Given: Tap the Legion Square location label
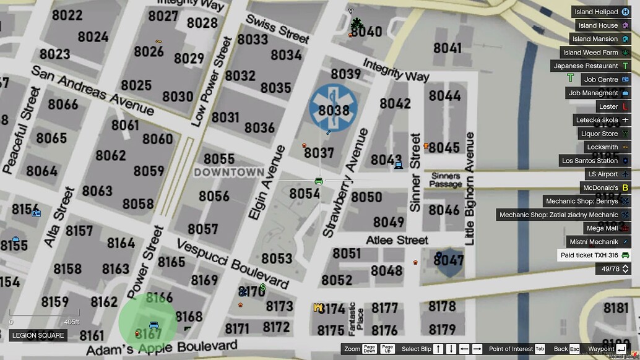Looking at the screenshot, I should click(x=38, y=336).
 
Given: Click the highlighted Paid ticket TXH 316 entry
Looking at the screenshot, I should click(x=594, y=255).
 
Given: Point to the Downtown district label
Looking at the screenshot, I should click(x=229, y=172).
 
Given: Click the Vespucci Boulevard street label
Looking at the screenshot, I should click(x=233, y=264).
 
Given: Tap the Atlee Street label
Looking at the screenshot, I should click(x=397, y=240).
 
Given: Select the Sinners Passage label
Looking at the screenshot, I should click(x=446, y=180).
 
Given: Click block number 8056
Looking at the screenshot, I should click(x=214, y=196).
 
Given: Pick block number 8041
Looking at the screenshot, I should click(x=447, y=48).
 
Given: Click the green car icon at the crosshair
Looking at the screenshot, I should click(x=319, y=181).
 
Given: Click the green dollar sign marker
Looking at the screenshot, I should click(x=263, y=287).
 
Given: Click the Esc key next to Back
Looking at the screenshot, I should click(x=574, y=349).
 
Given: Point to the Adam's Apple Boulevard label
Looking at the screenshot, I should click(x=162, y=348).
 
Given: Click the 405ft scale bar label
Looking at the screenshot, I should click(x=72, y=322).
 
